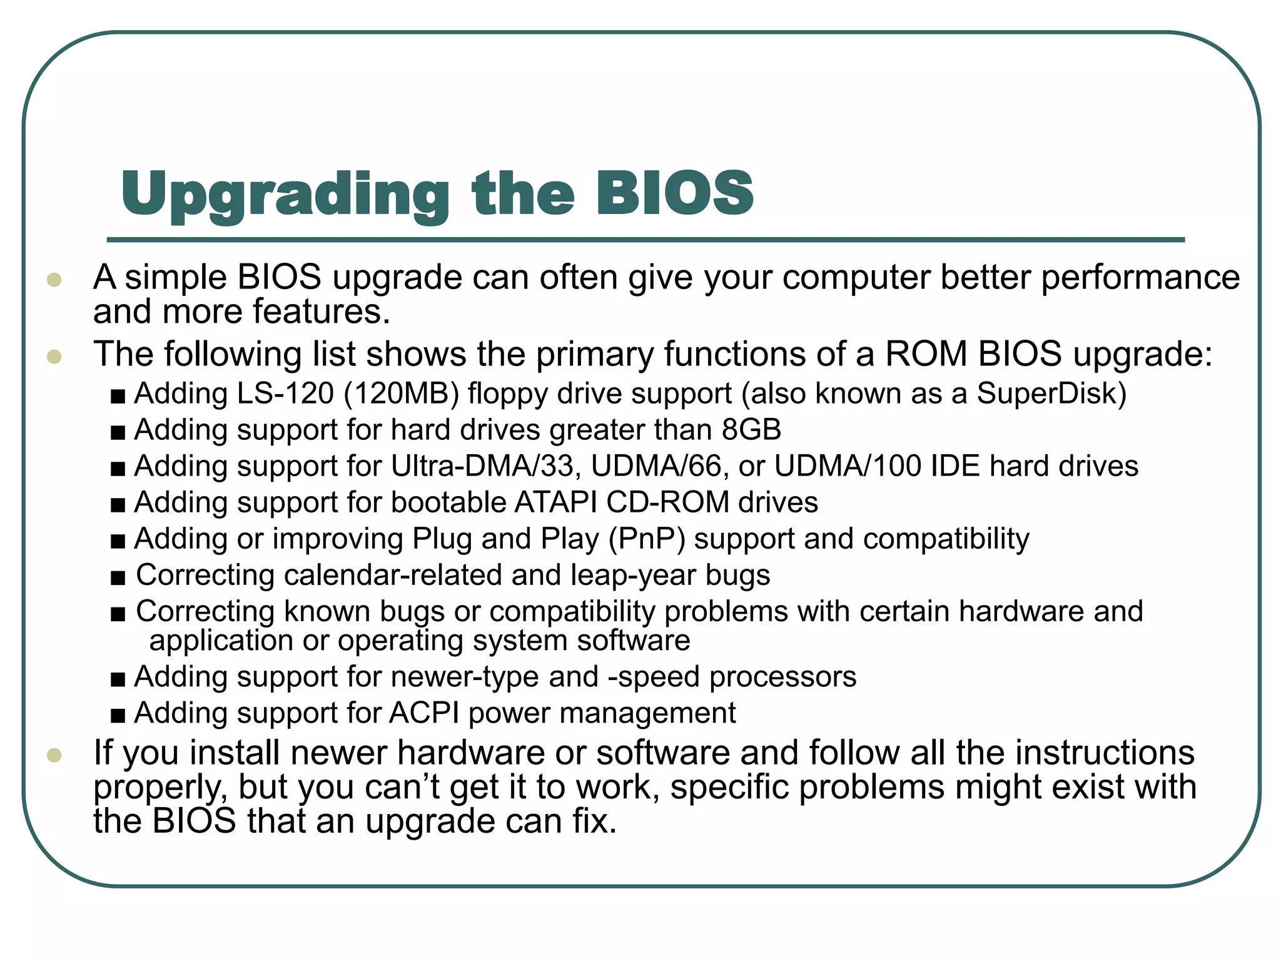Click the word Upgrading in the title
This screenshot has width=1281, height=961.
(x=285, y=195)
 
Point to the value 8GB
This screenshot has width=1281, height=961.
(x=751, y=430)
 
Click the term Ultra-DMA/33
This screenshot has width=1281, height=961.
(x=482, y=466)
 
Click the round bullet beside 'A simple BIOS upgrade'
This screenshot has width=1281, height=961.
(x=54, y=279)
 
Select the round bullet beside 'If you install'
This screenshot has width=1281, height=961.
(x=54, y=755)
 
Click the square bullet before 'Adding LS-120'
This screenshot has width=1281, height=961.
(x=118, y=397)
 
